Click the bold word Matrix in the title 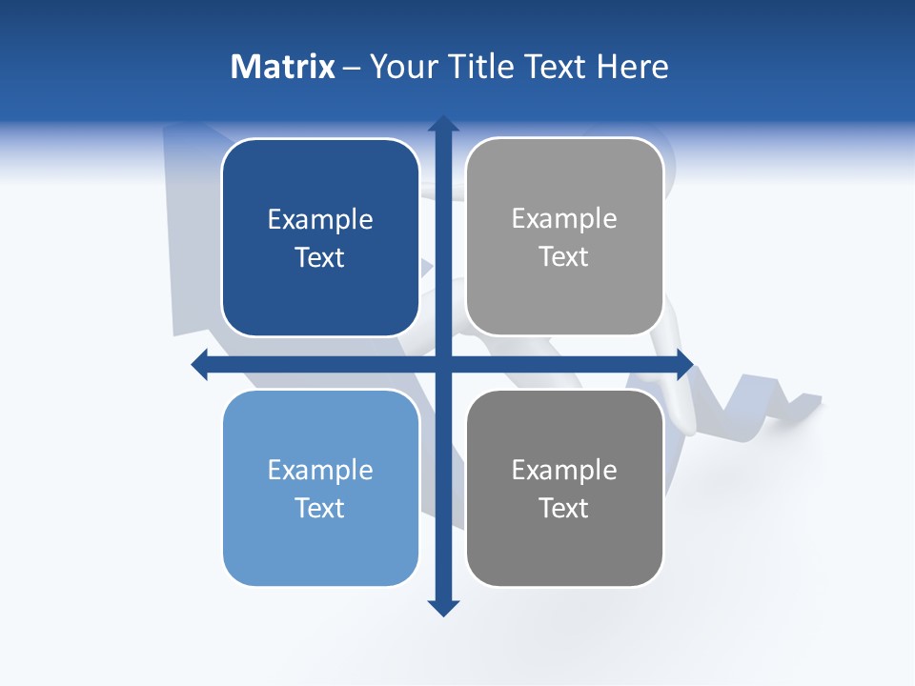click(283, 67)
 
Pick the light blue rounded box click(320, 553)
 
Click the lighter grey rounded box click(564, 295)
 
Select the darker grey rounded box click(564, 553)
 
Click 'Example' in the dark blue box click(320, 220)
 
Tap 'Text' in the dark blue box click(320, 257)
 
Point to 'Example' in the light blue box click(320, 471)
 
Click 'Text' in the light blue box click(320, 508)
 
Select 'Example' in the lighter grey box click(564, 219)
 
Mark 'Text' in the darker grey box click(564, 508)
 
